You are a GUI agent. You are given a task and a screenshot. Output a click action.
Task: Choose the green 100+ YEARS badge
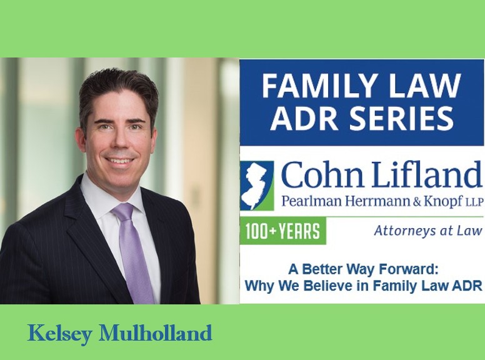pos(282,231)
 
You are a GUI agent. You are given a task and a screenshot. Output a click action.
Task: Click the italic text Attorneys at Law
pos(428,231)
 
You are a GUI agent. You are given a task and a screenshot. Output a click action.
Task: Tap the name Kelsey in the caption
pos(59,333)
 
